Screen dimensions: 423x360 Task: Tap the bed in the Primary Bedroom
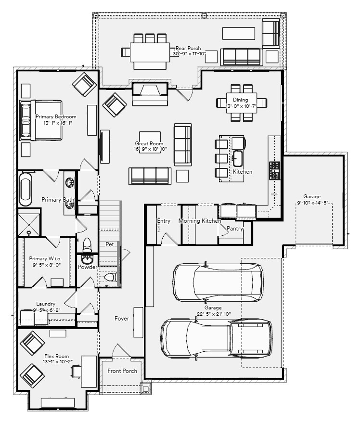tap(41, 120)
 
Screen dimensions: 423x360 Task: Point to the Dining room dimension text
tap(241, 106)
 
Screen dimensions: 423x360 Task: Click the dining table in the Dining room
tap(241, 103)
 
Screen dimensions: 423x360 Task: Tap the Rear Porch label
tap(188, 48)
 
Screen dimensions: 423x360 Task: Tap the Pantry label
tap(235, 229)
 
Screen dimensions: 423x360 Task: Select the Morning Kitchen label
tap(199, 221)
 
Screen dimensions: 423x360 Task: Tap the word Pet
tap(110, 244)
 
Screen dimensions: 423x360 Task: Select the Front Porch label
tap(122, 371)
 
